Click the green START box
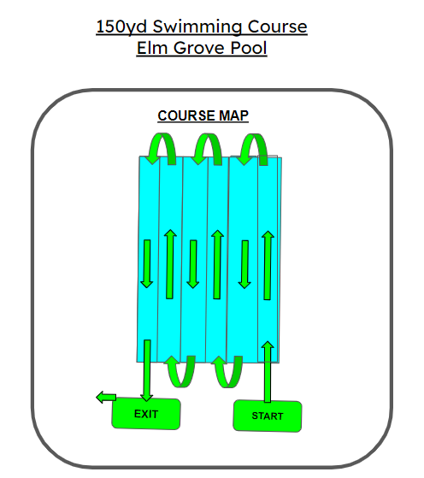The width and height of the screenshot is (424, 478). coord(268,416)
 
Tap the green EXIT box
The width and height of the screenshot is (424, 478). coord(146,414)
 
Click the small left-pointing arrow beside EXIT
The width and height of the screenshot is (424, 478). coord(106,398)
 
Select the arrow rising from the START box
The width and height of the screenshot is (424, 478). coord(268,372)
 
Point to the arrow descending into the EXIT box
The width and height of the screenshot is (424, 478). coord(147,370)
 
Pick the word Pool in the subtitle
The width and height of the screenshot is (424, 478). coord(249,48)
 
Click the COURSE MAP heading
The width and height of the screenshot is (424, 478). coord(203,115)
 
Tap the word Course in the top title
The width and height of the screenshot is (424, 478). coord(277,27)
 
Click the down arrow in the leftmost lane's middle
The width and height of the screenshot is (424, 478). coord(147,264)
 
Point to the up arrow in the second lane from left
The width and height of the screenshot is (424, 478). coord(170,264)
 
